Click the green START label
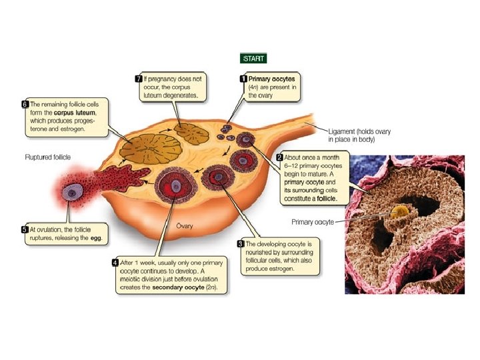pyautogui.click(x=253, y=59)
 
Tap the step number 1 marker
pyautogui.click(x=243, y=79)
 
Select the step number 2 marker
pyautogui.click(x=279, y=157)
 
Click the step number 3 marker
pyautogui.click(x=241, y=244)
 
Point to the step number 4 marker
pyautogui.click(x=115, y=263)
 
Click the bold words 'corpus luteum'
pyautogui.click(x=75, y=113)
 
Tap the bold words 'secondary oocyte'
pyautogui.click(x=178, y=287)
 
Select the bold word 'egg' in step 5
pyautogui.click(x=96, y=238)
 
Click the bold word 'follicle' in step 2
pyautogui.click(x=326, y=199)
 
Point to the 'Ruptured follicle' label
pyautogui.click(x=48, y=157)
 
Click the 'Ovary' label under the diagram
pyautogui.click(x=185, y=226)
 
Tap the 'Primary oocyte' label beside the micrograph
pyautogui.click(x=313, y=222)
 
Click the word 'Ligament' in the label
pyautogui.click(x=341, y=131)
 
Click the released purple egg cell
pyautogui.click(x=73, y=193)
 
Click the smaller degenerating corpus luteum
pyautogui.click(x=192, y=134)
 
